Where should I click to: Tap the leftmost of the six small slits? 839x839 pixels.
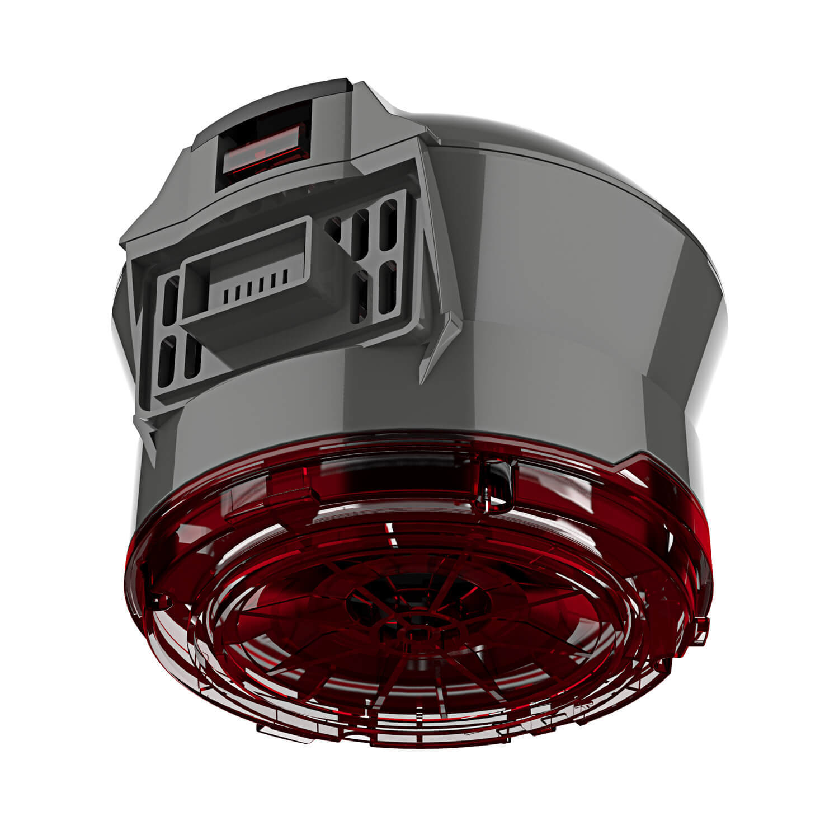tap(224, 293)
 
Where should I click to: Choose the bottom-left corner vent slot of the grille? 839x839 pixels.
tap(164, 364)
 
